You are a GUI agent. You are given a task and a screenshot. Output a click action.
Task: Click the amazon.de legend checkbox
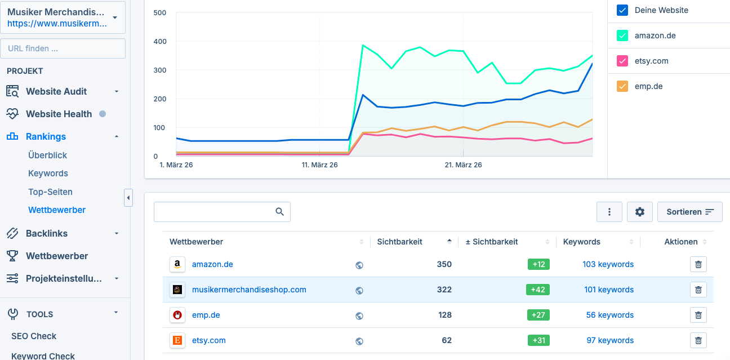coord(622,35)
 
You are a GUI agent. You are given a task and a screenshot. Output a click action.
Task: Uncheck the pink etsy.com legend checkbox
coord(622,61)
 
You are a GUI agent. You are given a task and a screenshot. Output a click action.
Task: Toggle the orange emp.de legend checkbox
coord(622,86)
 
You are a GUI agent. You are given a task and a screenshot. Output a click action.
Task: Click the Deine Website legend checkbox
coord(622,10)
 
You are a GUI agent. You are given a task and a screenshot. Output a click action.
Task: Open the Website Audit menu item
coord(56,91)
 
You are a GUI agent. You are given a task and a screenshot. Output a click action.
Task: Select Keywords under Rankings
coord(48,174)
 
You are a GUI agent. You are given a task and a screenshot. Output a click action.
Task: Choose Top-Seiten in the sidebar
coord(50,192)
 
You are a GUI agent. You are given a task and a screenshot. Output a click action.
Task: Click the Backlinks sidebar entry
coord(47,233)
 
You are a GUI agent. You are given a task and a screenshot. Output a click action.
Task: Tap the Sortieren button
coord(689,212)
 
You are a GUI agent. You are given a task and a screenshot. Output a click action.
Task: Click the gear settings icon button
coord(639,212)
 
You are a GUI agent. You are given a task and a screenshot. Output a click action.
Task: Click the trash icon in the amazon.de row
coord(698,264)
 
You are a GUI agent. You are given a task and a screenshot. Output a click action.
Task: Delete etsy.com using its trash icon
coord(698,340)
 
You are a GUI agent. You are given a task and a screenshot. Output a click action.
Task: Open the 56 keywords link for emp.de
coord(609,315)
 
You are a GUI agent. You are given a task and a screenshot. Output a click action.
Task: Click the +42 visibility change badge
coord(538,290)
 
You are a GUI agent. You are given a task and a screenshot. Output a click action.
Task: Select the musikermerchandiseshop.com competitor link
coord(249,290)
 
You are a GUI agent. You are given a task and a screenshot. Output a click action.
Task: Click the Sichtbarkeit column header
coord(399,242)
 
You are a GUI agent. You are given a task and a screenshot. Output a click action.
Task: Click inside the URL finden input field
coord(63,48)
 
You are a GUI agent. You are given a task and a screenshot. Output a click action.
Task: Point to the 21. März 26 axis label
coord(463,165)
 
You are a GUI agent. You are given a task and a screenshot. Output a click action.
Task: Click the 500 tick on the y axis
coord(159,12)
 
